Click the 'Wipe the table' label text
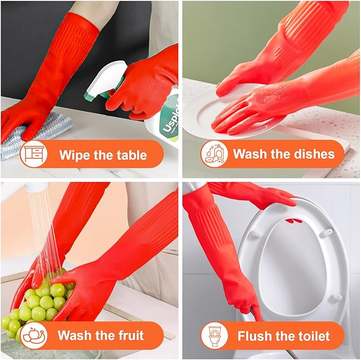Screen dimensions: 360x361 pos(103,155)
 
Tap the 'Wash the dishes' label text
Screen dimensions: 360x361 pos(284,155)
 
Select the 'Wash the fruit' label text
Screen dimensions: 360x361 pos(100,336)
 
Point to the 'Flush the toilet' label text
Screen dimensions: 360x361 pos(284,336)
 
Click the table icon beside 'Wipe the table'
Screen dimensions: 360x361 pos(34,155)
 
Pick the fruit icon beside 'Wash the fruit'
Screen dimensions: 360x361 pos(33,336)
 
